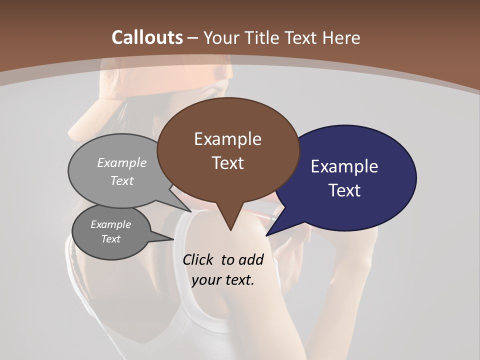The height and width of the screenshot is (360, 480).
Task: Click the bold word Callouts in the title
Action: [x=147, y=37]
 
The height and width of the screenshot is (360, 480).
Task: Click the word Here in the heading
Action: [x=342, y=37]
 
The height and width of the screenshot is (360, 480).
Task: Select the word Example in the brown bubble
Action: [x=227, y=139]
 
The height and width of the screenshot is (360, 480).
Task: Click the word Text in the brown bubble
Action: [x=227, y=162]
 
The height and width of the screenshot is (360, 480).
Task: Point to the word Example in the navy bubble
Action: [x=344, y=166]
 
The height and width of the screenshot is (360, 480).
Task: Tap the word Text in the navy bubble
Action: [x=344, y=190]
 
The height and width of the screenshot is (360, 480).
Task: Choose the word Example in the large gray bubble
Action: [x=122, y=162]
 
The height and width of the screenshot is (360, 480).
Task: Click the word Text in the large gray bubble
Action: [x=122, y=180]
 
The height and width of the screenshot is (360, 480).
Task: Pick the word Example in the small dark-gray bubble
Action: [x=110, y=224]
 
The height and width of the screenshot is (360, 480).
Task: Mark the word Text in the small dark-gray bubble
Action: [x=110, y=239]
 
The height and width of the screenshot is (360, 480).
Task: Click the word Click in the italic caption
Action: [x=199, y=259]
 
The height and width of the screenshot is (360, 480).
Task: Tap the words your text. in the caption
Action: [x=223, y=280]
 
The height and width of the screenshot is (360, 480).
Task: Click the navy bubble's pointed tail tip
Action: [x=267, y=235]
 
